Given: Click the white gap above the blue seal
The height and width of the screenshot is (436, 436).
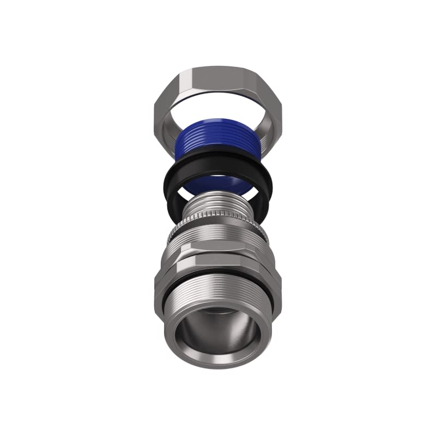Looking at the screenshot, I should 218,109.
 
